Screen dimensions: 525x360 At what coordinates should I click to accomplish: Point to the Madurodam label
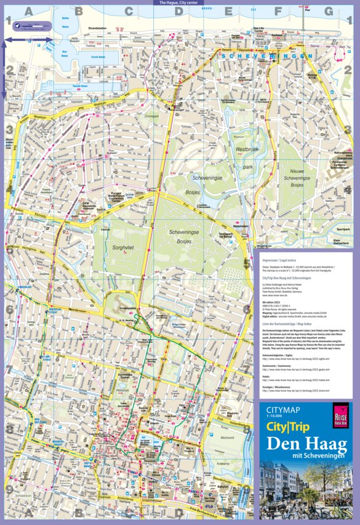tap(241, 226)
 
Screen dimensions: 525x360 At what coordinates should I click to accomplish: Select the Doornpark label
tap(151, 115)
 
